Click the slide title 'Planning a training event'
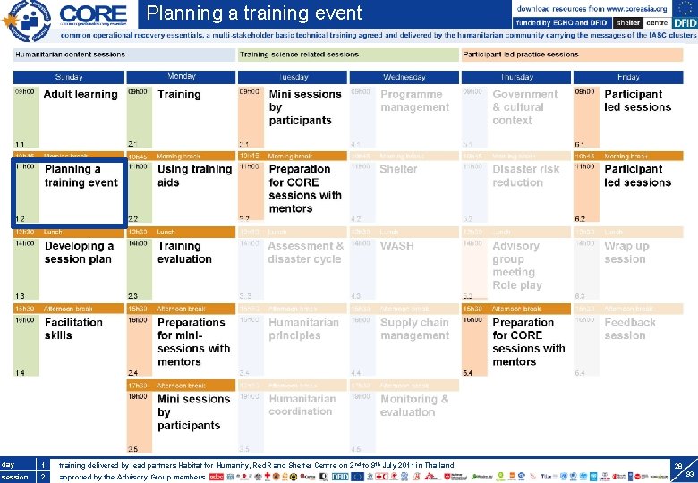(x=254, y=13)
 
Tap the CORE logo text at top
(x=95, y=14)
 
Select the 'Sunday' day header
(x=69, y=77)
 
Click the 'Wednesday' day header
(x=404, y=77)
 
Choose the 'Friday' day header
(x=627, y=77)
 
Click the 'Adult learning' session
(x=80, y=95)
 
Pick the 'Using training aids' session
(x=193, y=175)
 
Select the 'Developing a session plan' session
(x=79, y=252)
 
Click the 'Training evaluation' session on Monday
(x=184, y=252)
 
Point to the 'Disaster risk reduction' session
(x=526, y=175)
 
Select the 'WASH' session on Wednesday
(x=396, y=246)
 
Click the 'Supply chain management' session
(x=414, y=329)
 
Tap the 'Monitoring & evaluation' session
(x=413, y=405)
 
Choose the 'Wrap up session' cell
(x=626, y=252)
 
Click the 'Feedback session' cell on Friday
(x=629, y=329)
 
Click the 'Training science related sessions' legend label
(x=299, y=55)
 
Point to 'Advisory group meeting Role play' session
(x=517, y=266)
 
